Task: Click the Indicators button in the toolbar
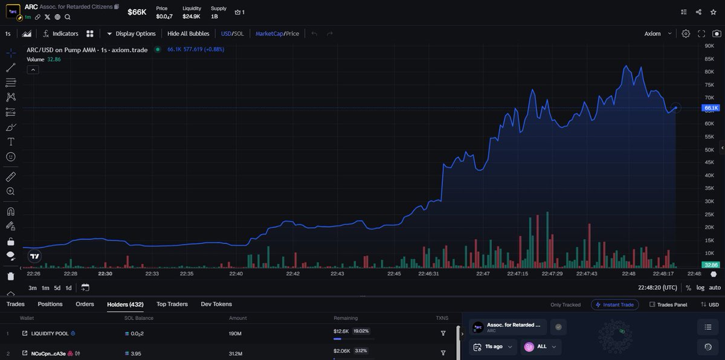point(60,34)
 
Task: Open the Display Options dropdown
point(131,34)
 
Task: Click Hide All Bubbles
point(188,34)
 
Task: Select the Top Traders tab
point(172,304)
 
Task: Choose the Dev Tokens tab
point(216,304)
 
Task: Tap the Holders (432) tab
point(125,304)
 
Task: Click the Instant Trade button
point(614,304)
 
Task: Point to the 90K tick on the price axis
point(709,46)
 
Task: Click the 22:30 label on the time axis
point(105,274)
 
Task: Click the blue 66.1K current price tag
point(710,108)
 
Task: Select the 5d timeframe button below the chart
point(57,288)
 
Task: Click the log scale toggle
point(700,288)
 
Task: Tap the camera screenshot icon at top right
point(717,34)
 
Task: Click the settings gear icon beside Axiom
point(686,34)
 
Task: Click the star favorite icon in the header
point(714,12)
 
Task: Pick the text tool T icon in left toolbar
point(11,142)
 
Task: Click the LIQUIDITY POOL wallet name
point(50,333)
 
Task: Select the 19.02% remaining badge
point(361,331)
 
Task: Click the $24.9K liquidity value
point(192,16)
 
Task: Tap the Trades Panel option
point(668,304)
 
